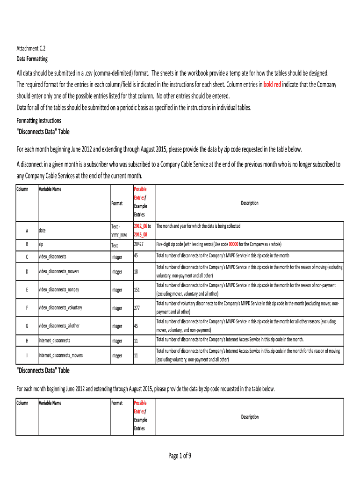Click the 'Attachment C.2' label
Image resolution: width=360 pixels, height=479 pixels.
click(31, 49)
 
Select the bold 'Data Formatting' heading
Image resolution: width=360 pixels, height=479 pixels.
click(32, 59)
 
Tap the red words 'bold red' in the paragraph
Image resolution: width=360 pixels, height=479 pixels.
click(272, 85)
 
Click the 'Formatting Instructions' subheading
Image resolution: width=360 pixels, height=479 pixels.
click(39, 121)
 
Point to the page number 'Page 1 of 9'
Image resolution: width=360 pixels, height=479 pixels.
click(180, 456)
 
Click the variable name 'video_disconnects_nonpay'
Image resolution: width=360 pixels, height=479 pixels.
click(59, 290)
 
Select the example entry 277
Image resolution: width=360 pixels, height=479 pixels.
click(137, 308)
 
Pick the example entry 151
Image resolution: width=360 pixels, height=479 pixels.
click(137, 290)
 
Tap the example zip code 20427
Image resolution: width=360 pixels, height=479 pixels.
click(138, 244)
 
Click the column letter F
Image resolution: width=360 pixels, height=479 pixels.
click(27, 308)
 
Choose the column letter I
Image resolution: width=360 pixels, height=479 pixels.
click(27, 356)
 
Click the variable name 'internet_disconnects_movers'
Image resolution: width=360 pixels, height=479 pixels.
click(61, 356)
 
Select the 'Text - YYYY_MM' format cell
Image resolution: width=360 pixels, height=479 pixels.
click(119, 231)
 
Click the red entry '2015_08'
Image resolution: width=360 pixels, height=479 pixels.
click(141, 235)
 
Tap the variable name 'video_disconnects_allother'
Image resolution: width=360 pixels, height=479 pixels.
click(60, 326)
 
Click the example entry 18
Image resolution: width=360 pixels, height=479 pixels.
click(136, 271)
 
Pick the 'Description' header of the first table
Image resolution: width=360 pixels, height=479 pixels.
click(250, 203)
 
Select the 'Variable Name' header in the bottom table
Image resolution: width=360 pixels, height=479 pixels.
click(50, 403)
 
